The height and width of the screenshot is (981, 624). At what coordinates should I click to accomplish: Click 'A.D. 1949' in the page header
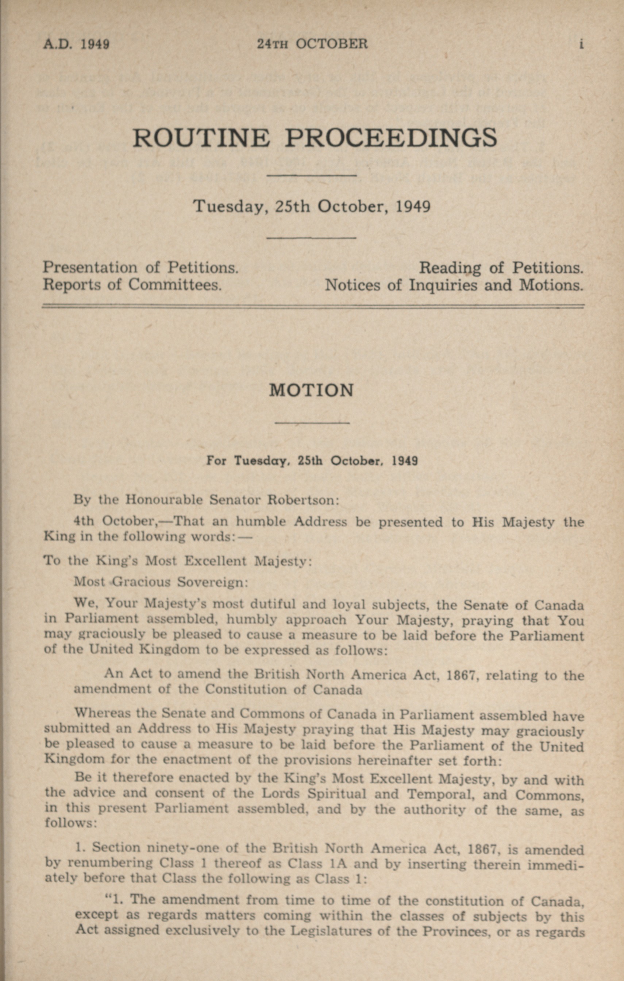coord(76,44)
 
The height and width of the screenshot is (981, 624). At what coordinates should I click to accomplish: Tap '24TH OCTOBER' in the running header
coord(312,44)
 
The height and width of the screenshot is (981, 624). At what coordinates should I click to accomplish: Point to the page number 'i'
coord(581,44)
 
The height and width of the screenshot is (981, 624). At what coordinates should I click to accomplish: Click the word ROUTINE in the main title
coord(201,138)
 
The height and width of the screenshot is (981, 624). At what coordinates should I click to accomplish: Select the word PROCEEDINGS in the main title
coord(390,138)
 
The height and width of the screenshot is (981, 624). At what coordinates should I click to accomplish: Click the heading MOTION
coord(311,390)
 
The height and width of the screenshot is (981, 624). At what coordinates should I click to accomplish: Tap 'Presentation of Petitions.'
coord(140,267)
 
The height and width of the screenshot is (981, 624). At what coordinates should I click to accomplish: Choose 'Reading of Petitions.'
coord(501,268)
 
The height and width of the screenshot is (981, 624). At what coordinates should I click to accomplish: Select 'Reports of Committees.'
coord(132,284)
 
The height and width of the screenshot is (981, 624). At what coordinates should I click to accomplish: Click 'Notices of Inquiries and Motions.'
coord(454,285)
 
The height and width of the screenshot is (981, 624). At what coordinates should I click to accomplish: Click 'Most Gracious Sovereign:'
coord(161,582)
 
